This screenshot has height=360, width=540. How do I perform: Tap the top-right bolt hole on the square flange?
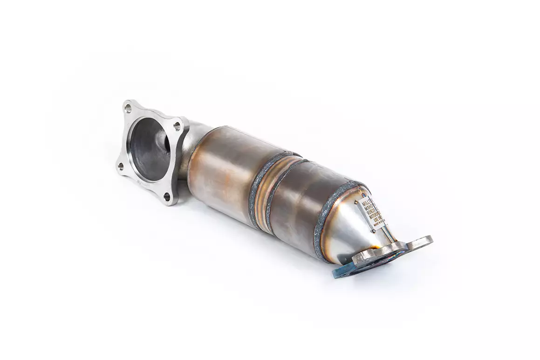pyautogui.click(x=178, y=125)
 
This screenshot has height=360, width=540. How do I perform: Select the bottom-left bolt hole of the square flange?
pyautogui.click(x=121, y=166)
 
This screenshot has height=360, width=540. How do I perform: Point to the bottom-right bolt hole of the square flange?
pyautogui.click(x=167, y=196)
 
